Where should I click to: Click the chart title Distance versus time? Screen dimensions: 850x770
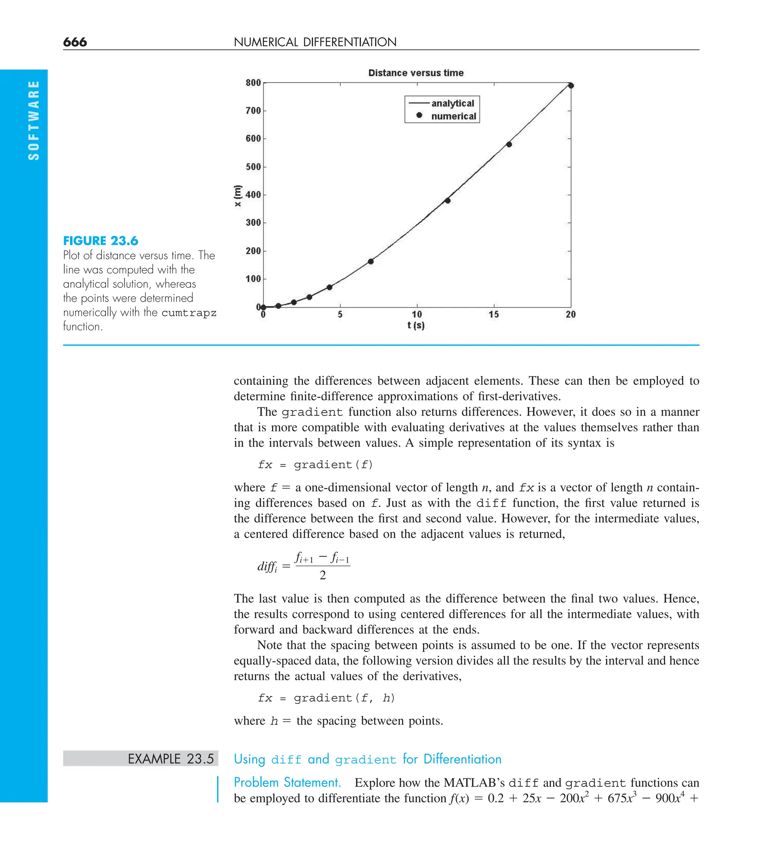pos(415,73)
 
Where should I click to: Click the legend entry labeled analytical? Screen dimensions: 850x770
pos(452,103)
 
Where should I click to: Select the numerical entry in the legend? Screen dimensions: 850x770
pos(453,116)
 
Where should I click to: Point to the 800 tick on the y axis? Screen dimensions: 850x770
pos(253,83)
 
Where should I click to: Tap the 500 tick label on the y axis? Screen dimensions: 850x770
pos(253,167)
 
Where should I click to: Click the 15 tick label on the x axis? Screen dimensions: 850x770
pos(494,315)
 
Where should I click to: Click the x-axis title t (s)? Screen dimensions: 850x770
pos(416,325)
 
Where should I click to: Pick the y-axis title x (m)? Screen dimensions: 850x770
pos(238,196)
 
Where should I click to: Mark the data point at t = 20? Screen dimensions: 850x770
pos(571,86)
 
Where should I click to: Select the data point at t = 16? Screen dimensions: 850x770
pos(509,145)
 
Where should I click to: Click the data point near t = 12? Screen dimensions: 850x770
pos(448,201)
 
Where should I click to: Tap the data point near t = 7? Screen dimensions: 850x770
pos(371,262)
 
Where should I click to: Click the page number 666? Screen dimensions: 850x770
pos(75,42)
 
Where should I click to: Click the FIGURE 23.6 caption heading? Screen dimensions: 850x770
pos(100,241)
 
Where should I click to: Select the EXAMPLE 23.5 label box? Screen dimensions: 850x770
pos(141,759)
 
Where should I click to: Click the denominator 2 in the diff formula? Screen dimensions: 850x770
pos(323,575)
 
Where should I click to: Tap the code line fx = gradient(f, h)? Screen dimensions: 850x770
pos(326,698)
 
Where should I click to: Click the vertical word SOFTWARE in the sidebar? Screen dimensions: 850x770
pos(33,120)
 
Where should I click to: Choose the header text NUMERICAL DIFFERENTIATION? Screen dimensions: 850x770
pos(315,42)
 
